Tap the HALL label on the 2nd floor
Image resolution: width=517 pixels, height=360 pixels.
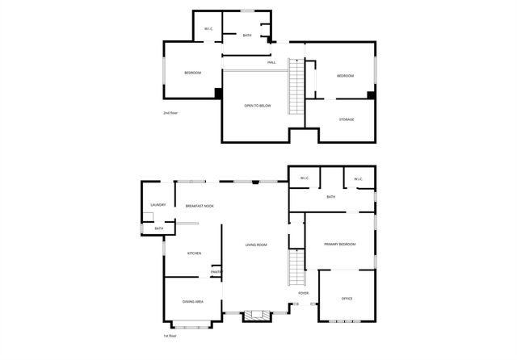(271, 62)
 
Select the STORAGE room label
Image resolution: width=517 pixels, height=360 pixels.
(346, 119)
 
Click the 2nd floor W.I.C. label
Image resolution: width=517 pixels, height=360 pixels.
(208, 29)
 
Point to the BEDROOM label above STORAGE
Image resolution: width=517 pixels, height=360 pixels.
(345, 76)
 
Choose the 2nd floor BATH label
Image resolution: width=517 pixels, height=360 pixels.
(246, 36)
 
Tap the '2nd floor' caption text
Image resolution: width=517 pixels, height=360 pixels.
(170, 113)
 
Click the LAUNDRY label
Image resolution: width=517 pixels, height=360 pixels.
(158, 205)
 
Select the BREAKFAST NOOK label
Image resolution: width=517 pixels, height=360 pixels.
(200, 206)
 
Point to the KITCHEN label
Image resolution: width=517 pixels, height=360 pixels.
(195, 253)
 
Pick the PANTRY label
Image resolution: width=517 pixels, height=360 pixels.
(216, 272)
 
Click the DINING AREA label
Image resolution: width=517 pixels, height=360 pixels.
(192, 301)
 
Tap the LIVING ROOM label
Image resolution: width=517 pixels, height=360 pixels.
(256, 245)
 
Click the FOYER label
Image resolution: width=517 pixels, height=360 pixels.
(304, 293)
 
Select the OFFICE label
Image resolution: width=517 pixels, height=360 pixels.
(347, 299)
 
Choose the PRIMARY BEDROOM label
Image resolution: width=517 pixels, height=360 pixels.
(340, 244)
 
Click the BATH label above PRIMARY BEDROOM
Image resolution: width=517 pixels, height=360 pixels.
(331, 197)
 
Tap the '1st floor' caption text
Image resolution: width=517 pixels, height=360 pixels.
(169, 336)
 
